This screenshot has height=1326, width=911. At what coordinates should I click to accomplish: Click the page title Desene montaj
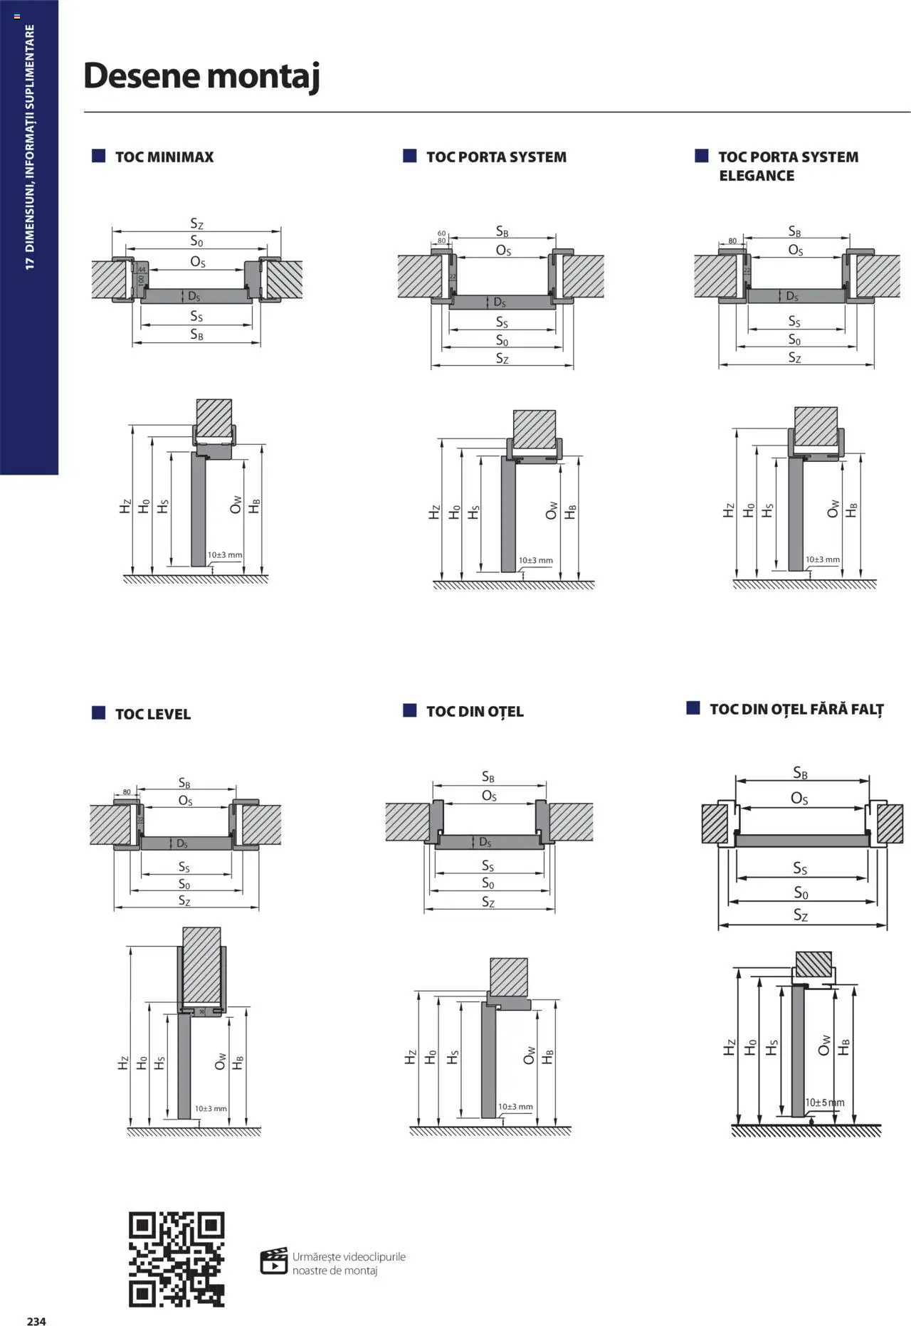pyautogui.click(x=201, y=75)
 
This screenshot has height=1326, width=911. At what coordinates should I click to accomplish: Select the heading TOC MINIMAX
pyautogui.click(x=164, y=157)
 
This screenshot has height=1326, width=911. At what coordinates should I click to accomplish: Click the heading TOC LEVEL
pyautogui.click(x=152, y=714)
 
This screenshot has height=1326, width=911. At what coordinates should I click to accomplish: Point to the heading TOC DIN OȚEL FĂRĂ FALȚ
pyautogui.click(x=796, y=709)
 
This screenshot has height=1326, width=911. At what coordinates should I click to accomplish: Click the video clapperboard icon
pyautogui.click(x=274, y=1261)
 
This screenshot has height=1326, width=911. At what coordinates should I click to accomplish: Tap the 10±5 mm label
pyautogui.click(x=825, y=1103)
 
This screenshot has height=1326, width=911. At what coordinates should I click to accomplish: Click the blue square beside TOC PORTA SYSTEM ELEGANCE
pyautogui.click(x=701, y=156)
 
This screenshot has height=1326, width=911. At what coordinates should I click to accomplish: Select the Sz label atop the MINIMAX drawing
pyautogui.click(x=196, y=224)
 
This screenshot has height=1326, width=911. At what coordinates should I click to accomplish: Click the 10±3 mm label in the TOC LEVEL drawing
pyautogui.click(x=211, y=1108)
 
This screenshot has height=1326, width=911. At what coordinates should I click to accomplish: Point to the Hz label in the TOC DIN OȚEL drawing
pyautogui.click(x=410, y=1057)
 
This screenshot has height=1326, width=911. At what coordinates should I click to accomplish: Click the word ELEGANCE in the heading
pyautogui.click(x=756, y=176)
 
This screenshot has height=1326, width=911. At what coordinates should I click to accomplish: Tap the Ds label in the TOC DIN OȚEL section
pyautogui.click(x=485, y=842)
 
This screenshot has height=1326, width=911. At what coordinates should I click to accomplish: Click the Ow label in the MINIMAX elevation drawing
pyautogui.click(x=236, y=505)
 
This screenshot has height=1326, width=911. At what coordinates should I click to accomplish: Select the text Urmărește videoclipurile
pyautogui.click(x=349, y=1256)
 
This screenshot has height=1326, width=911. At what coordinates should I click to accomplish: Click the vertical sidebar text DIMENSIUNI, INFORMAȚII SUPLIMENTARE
pyautogui.click(x=30, y=147)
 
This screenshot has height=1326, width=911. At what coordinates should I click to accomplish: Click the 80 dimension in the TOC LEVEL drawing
pyautogui.click(x=127, y=791)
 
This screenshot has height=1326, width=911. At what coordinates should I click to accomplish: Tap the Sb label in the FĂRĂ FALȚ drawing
pyautogui.click(x=800, y=773)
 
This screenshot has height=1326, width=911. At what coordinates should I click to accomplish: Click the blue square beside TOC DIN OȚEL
pyautogui.click(x=409, y=710)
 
